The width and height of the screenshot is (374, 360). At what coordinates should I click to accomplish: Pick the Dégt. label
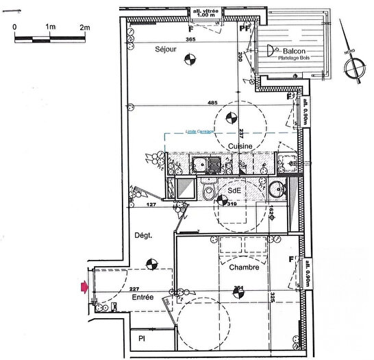click(x=142, y=235)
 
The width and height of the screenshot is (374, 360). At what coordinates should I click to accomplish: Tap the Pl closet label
click(x=142, y=339)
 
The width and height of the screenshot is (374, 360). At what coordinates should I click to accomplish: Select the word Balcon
click(x=292, y=51)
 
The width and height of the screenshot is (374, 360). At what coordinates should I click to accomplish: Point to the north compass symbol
click(x=355, y=67)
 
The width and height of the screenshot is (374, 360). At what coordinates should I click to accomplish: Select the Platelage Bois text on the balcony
click(x=294, y=59)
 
